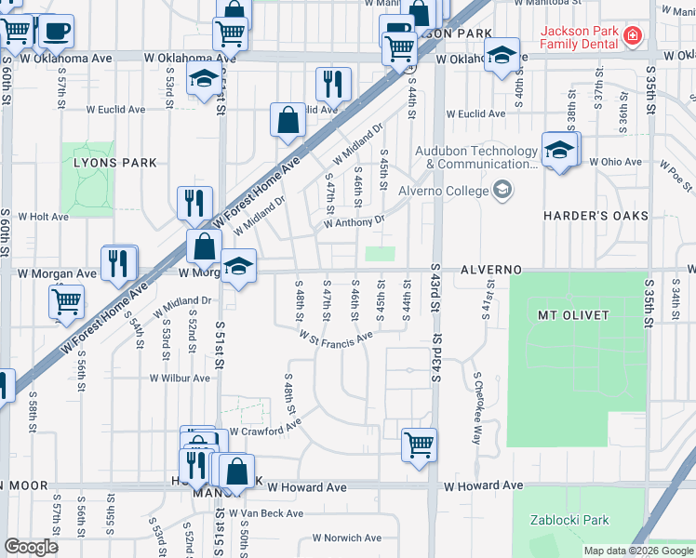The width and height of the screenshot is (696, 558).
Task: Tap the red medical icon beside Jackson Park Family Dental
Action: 633,36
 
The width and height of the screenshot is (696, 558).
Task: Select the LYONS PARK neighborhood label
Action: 115,163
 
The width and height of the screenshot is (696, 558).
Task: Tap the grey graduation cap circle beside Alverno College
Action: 503,192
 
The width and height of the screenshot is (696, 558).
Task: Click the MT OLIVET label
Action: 573,315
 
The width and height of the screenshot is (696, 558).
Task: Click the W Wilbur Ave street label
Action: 181,379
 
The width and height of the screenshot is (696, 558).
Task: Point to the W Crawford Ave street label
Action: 265,431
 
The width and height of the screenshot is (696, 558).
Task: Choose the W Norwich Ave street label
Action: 346,538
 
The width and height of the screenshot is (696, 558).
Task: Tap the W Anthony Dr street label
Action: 354,223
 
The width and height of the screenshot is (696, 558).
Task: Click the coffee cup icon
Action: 56,30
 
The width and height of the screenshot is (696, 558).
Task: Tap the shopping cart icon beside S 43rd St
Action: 420,444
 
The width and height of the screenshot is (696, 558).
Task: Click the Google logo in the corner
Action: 31,547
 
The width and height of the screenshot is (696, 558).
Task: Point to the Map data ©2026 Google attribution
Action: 638,551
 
